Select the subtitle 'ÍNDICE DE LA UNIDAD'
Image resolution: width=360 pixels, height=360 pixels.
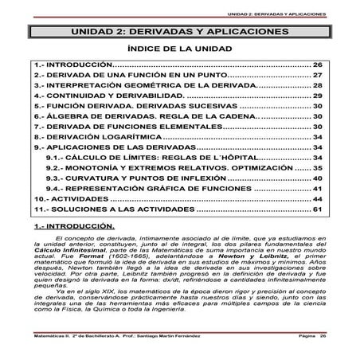tap(180, 49)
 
